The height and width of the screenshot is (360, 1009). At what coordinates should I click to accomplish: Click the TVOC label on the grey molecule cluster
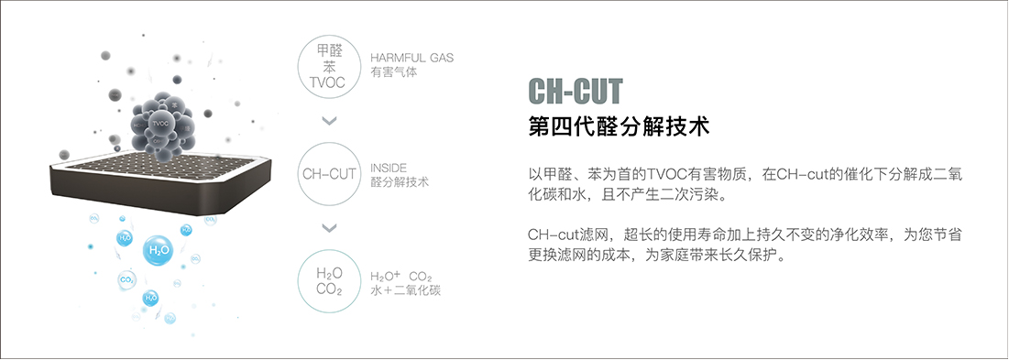pyautogui.click(x=160, y=123)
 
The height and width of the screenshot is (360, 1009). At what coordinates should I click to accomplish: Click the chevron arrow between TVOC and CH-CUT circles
pyautogui.click(x=330, y=120)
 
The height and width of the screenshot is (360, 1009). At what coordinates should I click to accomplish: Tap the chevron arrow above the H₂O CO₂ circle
pyautogui.click(x=330, y=228)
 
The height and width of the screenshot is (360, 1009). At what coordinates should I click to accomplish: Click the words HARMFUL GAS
pyautogui.click(x=411, y=57)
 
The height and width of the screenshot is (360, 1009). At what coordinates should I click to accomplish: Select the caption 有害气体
pyautogui.click(x=393, y=71)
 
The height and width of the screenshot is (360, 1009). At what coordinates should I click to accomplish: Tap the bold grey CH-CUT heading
pyautogui.click(x=576, y=91)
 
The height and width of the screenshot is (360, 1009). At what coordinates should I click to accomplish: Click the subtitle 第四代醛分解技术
pyautogui.click(x=620, y=126)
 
